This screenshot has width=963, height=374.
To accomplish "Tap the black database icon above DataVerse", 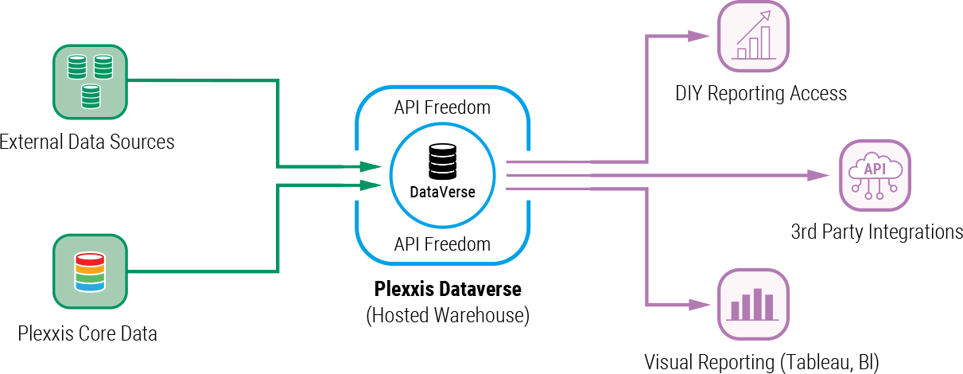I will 442,161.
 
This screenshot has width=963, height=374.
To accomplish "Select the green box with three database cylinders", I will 90,82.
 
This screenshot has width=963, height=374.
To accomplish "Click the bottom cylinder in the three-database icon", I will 90,96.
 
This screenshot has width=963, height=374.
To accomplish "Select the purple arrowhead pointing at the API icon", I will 818,175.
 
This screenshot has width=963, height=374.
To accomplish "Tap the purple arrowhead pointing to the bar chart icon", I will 699,304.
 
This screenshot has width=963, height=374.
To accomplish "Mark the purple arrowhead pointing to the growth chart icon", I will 699,35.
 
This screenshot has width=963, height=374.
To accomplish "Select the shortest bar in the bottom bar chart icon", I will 734,310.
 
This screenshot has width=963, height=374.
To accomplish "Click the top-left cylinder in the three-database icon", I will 76,66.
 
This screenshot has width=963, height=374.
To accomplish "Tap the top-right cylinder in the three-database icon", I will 103,66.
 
